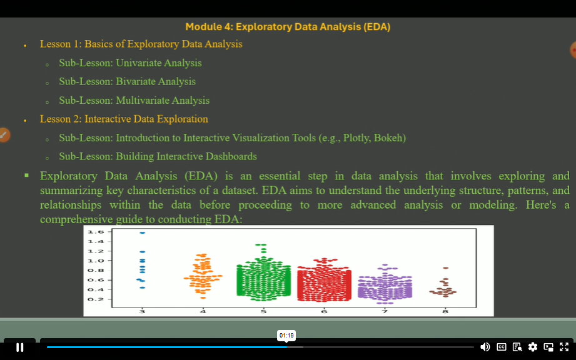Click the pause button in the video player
(x=19, y=347)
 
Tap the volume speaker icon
(x=485, y=347)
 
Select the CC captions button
(x=502, y=347)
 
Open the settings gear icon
(x=533, y=347)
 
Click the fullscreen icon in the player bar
(x=564, y=347)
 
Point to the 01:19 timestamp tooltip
(x=286, y=336)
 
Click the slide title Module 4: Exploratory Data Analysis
(x=288, y=27)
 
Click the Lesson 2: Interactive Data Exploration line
(x=124, y=119)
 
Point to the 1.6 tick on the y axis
(x=95, y=232)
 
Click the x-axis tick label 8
(x=445, y=310)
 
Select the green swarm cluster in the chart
(x=263, y=278)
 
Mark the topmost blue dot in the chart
(x=142, y=232)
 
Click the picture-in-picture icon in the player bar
(x=548, y=347)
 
